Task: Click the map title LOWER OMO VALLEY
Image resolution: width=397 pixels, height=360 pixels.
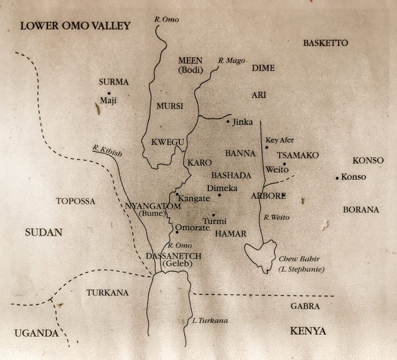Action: [x=75, y=26]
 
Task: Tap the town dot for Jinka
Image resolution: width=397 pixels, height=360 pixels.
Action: [x=228, y=122]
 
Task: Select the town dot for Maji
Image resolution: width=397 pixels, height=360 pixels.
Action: [x=109, y=93]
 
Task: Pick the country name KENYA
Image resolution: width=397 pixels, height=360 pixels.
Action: [x=308, y=331]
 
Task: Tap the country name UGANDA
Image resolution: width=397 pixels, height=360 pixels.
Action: [x=36, y=333]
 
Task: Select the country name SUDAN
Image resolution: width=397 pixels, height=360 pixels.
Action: [x=43, y=233]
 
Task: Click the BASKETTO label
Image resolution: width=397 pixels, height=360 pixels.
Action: [x=326, y=43]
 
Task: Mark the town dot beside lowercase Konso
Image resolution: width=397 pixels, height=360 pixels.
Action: [x=337, y=178]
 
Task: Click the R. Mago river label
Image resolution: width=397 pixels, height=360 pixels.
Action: [x=232, y=61]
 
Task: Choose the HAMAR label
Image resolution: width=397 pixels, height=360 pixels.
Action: [x=230, y=234]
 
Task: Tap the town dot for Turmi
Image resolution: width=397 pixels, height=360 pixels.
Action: [x=213, y=215]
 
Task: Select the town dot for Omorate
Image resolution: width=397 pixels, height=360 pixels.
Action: [x=177, y=231]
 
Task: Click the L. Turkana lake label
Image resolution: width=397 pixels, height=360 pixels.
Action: [x=209, y=321]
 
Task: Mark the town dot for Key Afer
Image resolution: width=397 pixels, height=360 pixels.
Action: [x=267, y=148]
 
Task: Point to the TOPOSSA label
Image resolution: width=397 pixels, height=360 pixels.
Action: [x=75, y=201]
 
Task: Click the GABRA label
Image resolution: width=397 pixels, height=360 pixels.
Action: [x=304, y=306]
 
